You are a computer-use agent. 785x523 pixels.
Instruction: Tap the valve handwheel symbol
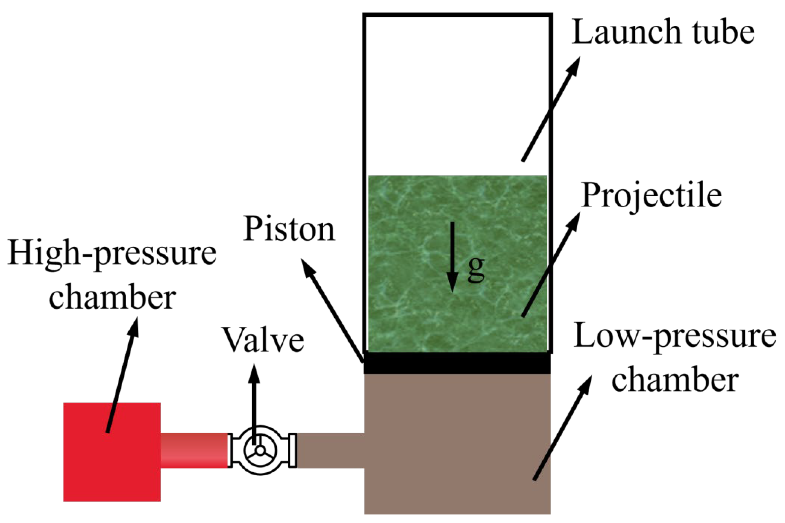point(260,450)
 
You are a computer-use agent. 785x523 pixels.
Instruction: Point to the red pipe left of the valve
point(194,450)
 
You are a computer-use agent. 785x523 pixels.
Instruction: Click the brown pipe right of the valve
point(330,450)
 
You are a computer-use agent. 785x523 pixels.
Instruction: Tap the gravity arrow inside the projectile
point(452,257)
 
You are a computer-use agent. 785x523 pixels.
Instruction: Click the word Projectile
point(651,197)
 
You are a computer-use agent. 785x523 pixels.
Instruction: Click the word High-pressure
point(112,255)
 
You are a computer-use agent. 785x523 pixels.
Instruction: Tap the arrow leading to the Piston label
point(333,310)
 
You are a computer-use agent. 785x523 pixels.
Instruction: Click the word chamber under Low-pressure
point(675,380)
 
